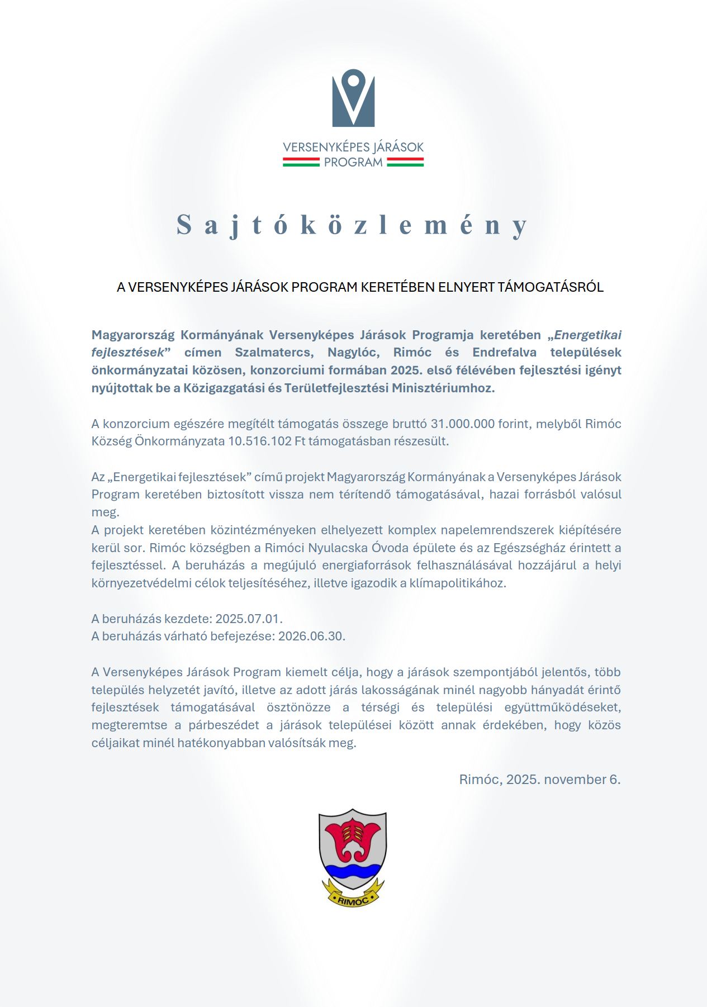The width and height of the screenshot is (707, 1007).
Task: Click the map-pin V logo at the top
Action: tap(353, 98)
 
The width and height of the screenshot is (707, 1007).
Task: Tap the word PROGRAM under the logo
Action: tap(353, 163)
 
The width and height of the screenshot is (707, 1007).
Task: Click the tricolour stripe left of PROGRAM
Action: tap(301, 162)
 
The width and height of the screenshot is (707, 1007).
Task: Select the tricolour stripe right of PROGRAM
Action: tap(405, 162)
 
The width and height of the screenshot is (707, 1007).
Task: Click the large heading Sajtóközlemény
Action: tap(352, 225)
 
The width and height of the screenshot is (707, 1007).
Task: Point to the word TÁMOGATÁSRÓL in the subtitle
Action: tap(551, 287)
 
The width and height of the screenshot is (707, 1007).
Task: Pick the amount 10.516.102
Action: tap(260, 441)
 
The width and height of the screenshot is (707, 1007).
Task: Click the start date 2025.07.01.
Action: tap(249, 619)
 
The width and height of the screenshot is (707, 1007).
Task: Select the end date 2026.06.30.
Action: tap(311, 636)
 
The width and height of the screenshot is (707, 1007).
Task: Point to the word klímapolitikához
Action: tap(457, 583)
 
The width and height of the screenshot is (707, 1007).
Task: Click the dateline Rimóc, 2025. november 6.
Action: tap(539, 780)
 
